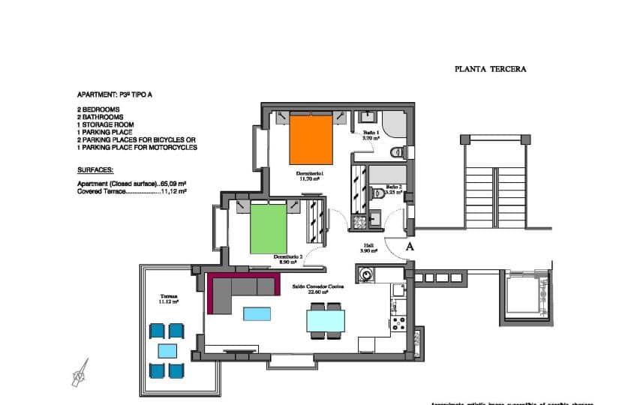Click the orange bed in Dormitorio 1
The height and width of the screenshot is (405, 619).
click(311, 139)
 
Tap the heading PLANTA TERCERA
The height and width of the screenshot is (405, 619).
click(490, 68)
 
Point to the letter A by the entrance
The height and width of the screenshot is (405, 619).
click(410, 246)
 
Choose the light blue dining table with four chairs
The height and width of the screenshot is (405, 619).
click(326, 321)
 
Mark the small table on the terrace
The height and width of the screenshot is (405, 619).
click(167, 350)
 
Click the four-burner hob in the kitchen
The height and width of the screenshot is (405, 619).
click(398, 325)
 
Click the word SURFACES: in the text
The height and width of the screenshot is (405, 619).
click(95, 170)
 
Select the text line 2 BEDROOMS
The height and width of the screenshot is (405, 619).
click(98, 109)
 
